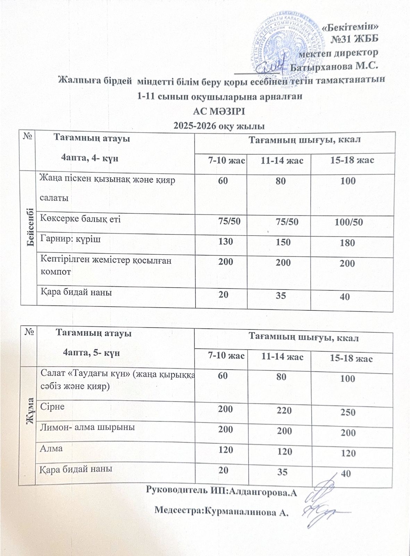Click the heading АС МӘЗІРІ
pos(219,112)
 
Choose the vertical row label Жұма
pos(30,412)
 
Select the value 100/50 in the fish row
pos(349,222)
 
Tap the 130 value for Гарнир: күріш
pos(226,241)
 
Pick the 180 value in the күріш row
pos(348,243)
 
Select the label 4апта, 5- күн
pos(91,352)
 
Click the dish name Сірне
pos(52,406)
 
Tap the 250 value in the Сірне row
pos(348,412)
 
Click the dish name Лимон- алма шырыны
pos(87,427)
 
